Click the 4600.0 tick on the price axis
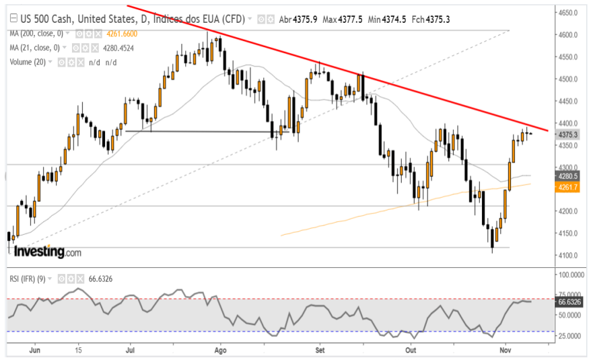pos(569,34)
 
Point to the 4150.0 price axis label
pos(569,233)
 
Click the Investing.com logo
pos(47,252)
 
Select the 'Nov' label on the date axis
pos(507,351)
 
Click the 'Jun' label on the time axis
pos(36,351)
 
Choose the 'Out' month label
pos(411,351)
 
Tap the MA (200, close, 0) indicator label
pos(38,34)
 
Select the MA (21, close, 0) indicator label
pos(35,48)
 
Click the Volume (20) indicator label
pos(28,62)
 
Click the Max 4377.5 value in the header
pos(340,20)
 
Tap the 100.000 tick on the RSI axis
pos(569,275)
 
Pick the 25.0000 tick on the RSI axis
pos(569,335)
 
